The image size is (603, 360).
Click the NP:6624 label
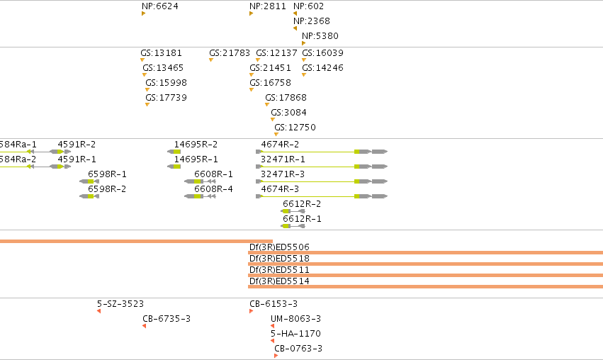click(160, 6)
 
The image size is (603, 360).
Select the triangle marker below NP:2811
click(251, 13)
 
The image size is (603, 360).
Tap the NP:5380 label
click(320, 35)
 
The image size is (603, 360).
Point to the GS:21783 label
click(230, 52)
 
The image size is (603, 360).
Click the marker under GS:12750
click(276, 134)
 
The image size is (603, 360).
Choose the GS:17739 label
click(166, 98)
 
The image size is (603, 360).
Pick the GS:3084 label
click(289, 112)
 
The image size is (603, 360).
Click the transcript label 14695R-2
click(196, 145)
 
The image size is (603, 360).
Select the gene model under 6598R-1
click(89, 181)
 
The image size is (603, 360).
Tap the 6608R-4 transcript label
click(213, 189)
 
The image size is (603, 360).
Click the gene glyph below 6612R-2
click(293, 211)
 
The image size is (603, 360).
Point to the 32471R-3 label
click(283, 174)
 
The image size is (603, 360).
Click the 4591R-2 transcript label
click(77, 145)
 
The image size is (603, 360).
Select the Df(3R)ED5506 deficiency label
click(279, 247)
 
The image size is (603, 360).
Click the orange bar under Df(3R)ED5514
click(426, 286)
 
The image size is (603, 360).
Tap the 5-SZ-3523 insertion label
click(120, 304)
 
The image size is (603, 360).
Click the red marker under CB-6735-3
click(145, 326)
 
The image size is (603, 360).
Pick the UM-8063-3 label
click(295, 318)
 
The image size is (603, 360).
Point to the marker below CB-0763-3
click(276, 356)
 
